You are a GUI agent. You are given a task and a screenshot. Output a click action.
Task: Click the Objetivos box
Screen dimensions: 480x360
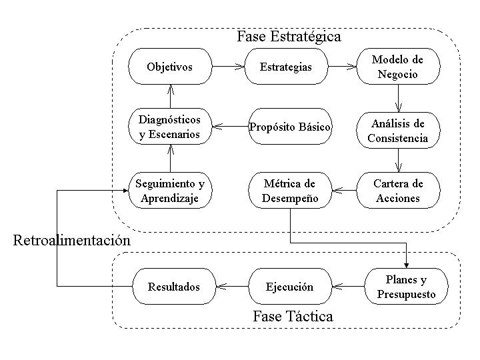tap(170, 66)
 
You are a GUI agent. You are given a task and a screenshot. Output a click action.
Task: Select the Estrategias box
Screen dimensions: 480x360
tap(286, 66)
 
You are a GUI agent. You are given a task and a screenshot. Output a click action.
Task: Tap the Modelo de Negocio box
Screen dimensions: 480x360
tap(398, 66)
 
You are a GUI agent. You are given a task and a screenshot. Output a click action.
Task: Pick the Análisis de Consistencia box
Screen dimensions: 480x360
tap(398, 131)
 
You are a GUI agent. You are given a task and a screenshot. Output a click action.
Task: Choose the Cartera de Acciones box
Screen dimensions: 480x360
tap(398, 191)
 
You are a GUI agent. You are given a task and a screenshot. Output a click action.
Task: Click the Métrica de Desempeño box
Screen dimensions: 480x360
tap(290, 191)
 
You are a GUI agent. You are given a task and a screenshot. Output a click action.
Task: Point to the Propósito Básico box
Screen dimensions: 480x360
tap(290, 126)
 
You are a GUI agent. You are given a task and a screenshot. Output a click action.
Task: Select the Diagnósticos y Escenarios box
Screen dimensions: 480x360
tap(170, 126)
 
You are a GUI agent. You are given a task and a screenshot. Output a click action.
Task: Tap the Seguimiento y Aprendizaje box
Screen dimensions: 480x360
tap(170, 191)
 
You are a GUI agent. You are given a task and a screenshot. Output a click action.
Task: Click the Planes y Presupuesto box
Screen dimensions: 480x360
tap(406, 286)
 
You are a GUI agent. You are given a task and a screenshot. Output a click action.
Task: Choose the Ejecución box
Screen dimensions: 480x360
tap(290, 286)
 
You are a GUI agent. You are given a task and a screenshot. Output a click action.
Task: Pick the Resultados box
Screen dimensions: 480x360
tap(174, 286)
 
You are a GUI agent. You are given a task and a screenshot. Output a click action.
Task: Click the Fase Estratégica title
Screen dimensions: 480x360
tap(289, 37)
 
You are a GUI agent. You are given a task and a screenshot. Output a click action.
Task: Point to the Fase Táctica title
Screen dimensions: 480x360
tap(293, 316)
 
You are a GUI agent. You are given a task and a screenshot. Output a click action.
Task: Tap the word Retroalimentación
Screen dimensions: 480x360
tap(72, 240)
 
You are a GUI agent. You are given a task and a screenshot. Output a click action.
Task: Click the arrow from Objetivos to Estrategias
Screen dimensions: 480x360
tap(229, 66)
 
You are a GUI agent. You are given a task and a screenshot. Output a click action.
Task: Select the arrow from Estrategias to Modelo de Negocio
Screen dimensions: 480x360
tap(342, 66)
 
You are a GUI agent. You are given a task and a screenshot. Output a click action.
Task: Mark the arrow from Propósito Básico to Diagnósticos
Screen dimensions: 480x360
tap(230, 126)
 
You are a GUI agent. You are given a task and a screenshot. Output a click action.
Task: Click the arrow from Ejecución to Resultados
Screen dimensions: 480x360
tap(233, 286)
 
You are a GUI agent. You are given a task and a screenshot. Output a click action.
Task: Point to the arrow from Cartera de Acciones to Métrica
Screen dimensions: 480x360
tap(345, 191)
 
